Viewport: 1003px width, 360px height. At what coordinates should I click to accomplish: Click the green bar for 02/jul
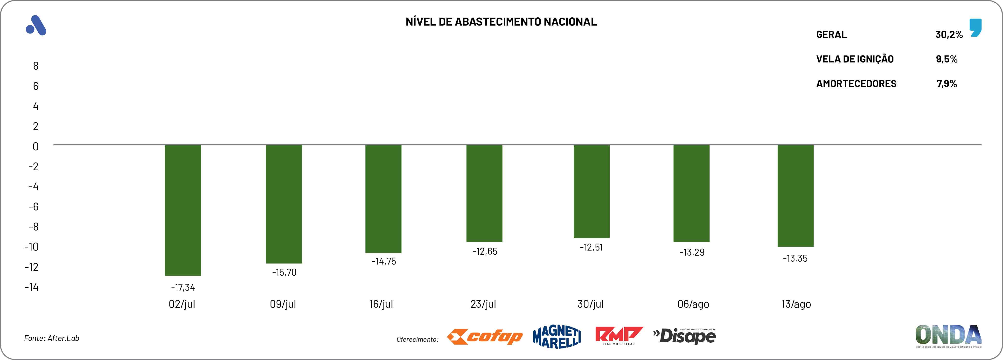coord(183,210)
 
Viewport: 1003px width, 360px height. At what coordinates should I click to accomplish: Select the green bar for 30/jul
coord(592,191)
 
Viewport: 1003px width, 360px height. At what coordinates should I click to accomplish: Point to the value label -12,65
coord(485,251)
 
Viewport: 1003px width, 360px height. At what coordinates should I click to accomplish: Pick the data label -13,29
coord(692,252)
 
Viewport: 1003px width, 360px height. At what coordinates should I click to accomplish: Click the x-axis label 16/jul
coord(381,304)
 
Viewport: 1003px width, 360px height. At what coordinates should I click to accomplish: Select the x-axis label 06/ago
coord(693,304)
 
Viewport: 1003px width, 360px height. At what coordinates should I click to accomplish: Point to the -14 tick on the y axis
coord(32,287)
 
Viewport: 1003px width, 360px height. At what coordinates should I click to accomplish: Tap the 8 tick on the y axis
coord(36,66)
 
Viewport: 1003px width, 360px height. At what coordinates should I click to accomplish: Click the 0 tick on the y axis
coord(36,146)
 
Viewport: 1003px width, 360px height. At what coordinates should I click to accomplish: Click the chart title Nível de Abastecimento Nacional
coord(501,22)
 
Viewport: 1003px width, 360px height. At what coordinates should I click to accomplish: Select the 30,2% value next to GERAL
coord(949,35)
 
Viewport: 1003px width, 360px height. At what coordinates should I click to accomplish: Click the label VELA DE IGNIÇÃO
coord(855,59)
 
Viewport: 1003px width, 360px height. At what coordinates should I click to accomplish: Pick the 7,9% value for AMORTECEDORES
coord(947,84)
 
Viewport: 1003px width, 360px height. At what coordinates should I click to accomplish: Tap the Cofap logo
coord(485,337)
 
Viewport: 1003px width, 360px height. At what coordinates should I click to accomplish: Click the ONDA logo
coord(948,335)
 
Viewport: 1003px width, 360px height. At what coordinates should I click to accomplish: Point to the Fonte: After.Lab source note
coord(52,338)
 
